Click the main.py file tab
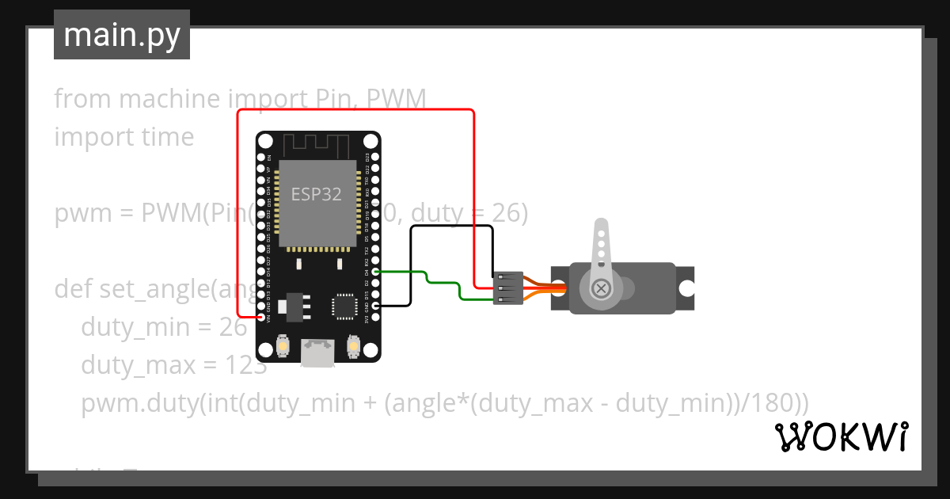click(x=121, y=36)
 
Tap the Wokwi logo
click(x=841, y=436)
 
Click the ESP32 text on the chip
click(x=317, y=194)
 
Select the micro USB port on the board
click(x=317, y=353)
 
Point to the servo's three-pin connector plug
click(x=507, y=288)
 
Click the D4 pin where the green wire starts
click(x=374, y=272)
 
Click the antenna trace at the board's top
click(x=317, y=145)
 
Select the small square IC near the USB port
click(x=345, y=306)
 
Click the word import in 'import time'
click(x=82, y=137)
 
